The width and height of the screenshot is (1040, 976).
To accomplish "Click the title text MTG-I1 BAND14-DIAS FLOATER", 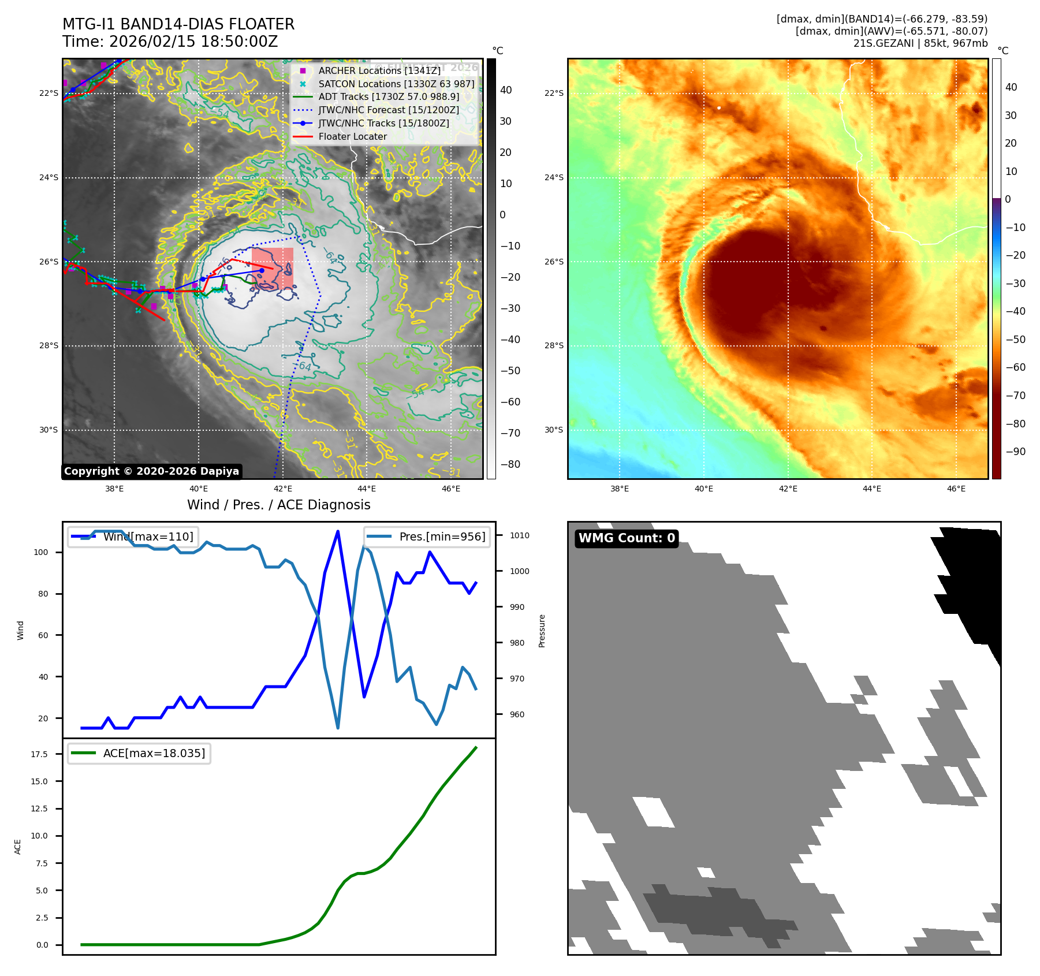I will pos(178,24).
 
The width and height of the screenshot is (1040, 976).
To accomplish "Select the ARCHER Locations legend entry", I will pos(379,70).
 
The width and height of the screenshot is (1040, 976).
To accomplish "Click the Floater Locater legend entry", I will pos(352,136).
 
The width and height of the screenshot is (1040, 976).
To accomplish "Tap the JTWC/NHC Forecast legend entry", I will pos(389,110).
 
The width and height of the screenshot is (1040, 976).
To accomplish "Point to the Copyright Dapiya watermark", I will pos(151,471).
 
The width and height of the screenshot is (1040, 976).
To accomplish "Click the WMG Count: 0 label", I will pos(627,538).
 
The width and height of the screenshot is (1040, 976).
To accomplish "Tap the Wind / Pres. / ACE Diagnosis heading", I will pos(279,505).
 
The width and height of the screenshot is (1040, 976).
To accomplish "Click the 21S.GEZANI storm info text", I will pos(920,43).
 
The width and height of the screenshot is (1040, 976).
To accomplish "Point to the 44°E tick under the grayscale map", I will pos(367,489).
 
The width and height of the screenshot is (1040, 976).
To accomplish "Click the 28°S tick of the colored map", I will pos(554,345).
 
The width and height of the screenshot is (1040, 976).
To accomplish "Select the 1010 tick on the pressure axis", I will pos(519,535).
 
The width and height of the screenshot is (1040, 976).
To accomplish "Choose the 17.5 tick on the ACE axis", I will pos(39,754).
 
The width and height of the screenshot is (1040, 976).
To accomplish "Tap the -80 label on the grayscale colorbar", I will pos(510,464).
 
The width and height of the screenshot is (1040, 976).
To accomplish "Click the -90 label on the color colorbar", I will pos(1015,452).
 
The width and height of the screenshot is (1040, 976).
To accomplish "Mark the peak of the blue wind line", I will pos(338,531).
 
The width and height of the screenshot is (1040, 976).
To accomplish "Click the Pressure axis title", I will pos(542,631).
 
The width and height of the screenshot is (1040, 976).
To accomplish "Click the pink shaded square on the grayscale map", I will pos(273,269).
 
